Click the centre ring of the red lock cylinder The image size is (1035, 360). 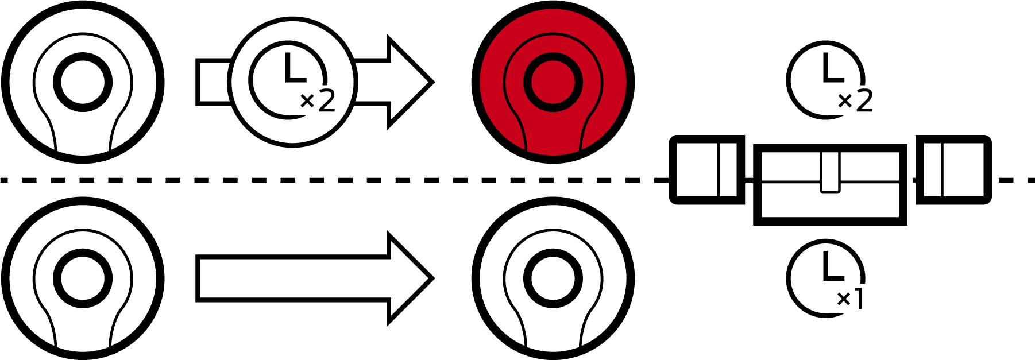click(553, 82)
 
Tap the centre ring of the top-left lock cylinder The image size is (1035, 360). click(83, 82)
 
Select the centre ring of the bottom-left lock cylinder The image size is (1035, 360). click(83, 278)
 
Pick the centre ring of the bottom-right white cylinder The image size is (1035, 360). click(553, 278)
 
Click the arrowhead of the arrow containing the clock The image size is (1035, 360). click(411, 82)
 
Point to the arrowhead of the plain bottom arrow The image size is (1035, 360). click(411, 278)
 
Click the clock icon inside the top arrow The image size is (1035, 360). click(288, 80)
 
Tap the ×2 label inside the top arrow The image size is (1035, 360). click(318, 102)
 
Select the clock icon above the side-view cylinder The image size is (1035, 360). click(826, 80)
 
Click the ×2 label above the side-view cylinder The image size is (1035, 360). click(855, 102)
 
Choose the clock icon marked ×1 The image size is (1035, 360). click(826, 278)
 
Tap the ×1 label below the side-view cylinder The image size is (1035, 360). click(851, 299)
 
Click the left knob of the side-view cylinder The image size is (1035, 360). click(707, 170)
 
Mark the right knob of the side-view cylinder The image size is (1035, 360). click(953, 170)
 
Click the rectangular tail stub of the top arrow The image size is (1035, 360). click(214, 82)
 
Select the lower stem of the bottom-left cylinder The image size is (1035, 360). click(83, 330)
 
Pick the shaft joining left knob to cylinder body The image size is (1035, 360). click(750, 180)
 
